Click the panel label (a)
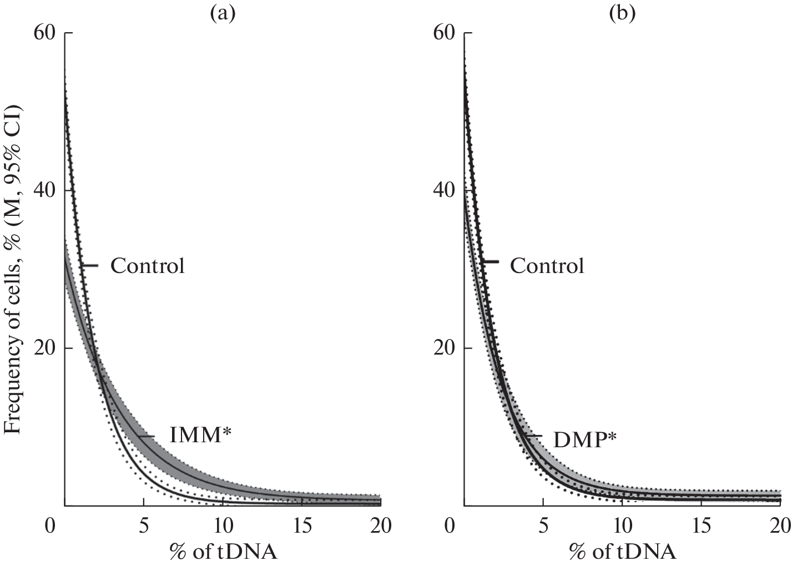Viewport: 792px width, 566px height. (x=222, y=13)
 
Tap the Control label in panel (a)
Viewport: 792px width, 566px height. (x=147, y=266)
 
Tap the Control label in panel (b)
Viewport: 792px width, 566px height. (x=547, y=266)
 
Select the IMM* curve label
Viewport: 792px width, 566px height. (x=200, y=436)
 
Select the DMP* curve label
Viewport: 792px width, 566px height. (x=585, y=439)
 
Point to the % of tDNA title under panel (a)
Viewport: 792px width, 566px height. (x=223, y=552)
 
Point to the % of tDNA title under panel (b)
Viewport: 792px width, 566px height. (x=622, y=552)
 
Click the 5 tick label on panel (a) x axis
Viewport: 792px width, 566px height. (x=144, y=525)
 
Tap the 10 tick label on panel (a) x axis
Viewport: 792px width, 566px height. (x=223, y=525)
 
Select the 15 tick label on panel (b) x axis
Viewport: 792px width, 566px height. (x=701, y=525)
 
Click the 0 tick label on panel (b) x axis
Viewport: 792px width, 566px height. (x=449, y=525)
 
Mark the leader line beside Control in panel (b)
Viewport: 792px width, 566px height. (x=490, y=261)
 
